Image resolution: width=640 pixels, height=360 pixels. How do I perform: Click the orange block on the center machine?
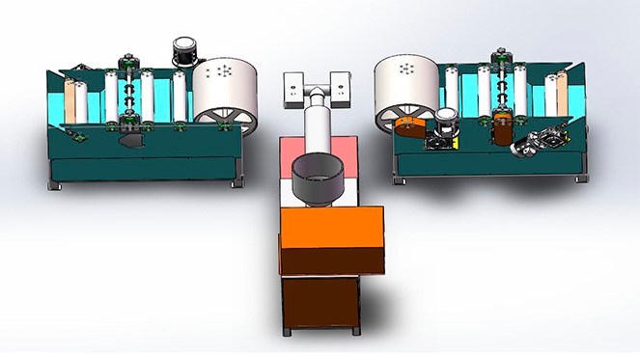coord(328,228)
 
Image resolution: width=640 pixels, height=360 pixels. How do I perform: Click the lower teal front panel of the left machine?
coord(145,165)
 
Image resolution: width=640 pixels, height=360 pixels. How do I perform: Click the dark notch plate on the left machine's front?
coord(131,141)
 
